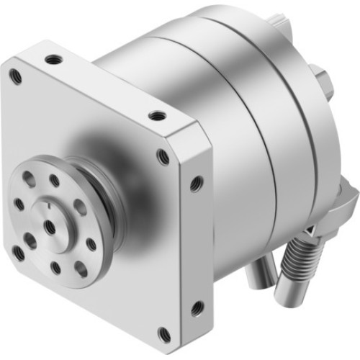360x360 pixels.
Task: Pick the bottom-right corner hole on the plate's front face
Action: pos(163,333)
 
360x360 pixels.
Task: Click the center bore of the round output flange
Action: pos(49,226)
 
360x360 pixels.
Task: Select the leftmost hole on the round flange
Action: pos(19,203)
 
